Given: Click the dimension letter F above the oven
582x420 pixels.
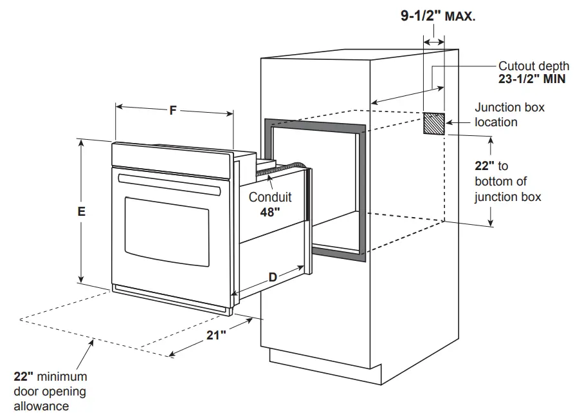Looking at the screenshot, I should point(173,111).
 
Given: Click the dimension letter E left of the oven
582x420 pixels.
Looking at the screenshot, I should point(82,211).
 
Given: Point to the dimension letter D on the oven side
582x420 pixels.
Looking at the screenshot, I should point(272,278).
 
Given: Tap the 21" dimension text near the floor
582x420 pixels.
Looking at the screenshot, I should point(216,335).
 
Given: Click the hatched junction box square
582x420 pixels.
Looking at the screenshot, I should point(433,123).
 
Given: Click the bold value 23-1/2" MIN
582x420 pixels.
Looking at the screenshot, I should point(533,80).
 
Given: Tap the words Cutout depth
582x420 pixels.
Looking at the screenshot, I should point(534,66).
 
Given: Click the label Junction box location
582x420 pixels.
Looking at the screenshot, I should point(509,115).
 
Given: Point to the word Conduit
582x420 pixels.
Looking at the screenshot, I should point(270,197).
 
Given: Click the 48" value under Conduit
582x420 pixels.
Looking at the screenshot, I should point(270,211).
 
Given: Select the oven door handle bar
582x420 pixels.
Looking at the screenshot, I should point(169,184).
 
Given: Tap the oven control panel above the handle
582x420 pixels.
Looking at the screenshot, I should point(170,157).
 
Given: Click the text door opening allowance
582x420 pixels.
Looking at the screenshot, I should point(50,399).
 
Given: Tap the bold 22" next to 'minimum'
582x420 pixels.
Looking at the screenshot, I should point(24,377).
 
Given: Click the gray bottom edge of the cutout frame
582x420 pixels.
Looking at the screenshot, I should point(338,254).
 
